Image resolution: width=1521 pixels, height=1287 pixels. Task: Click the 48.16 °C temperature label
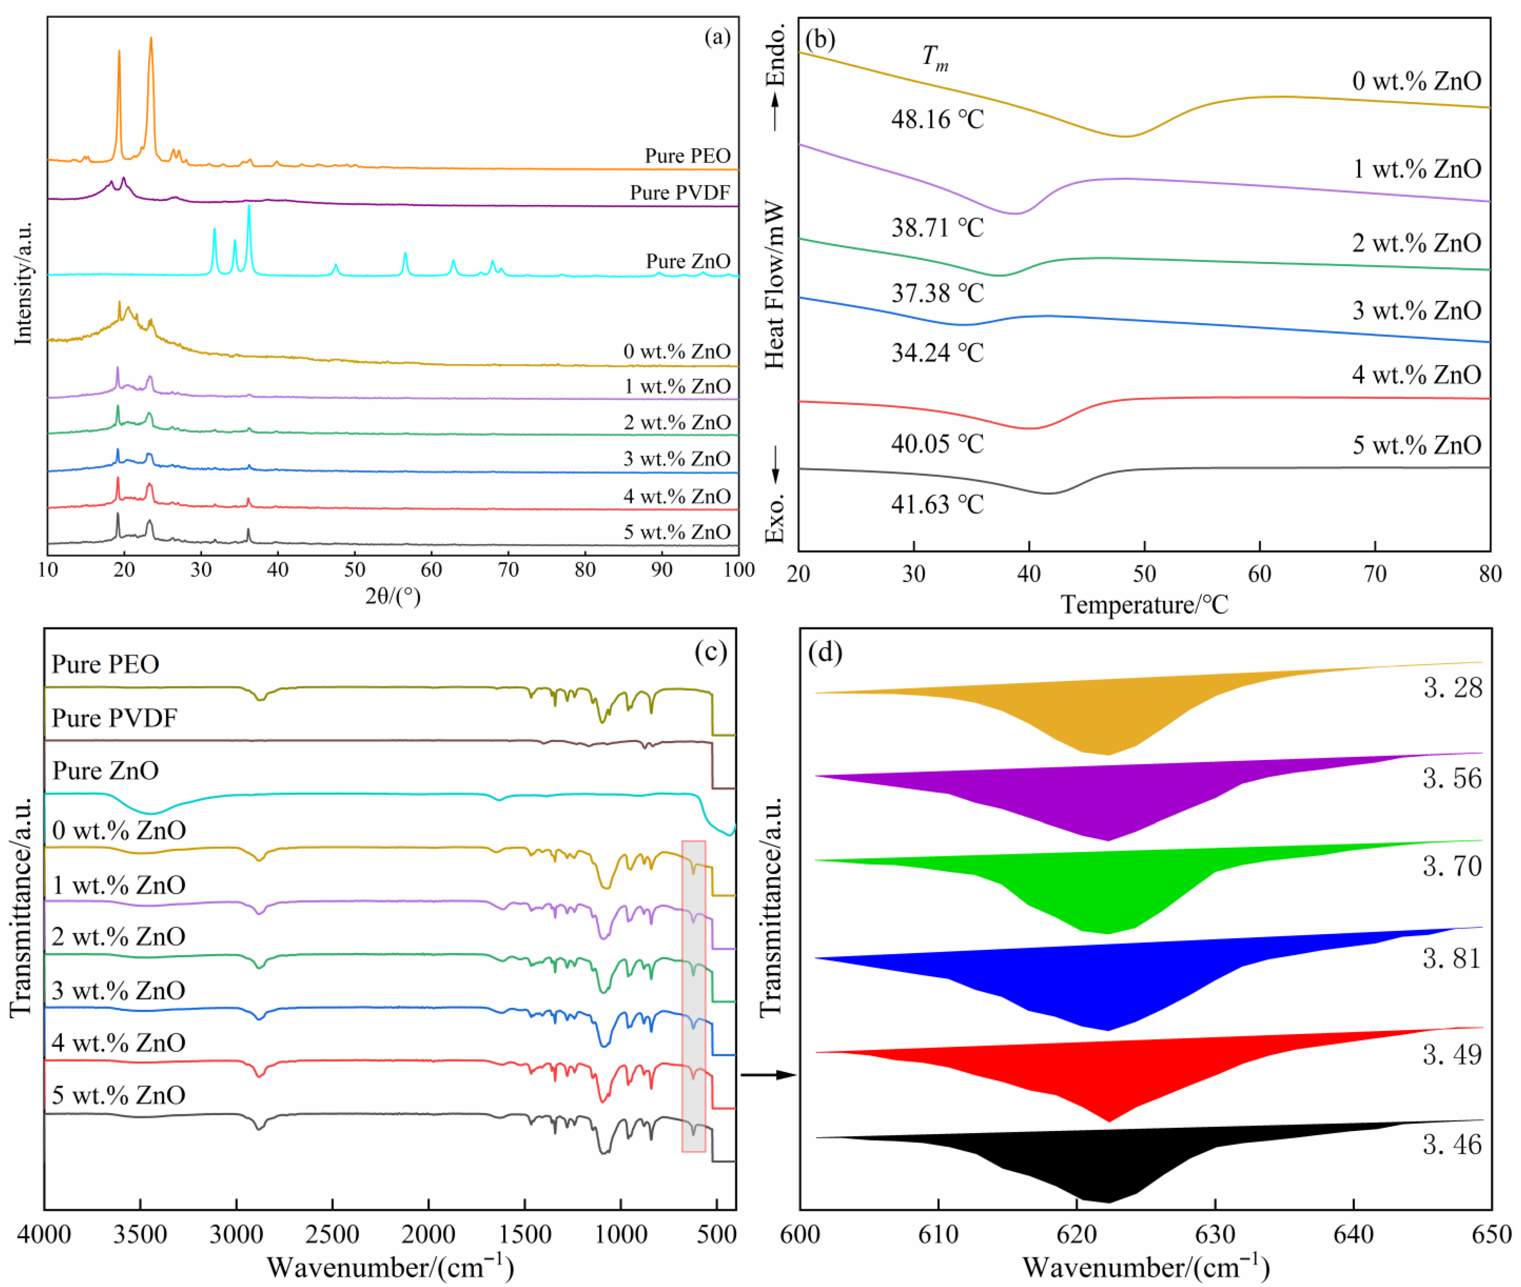pos(937,119)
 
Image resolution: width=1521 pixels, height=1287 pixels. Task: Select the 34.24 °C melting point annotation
pos(937,353)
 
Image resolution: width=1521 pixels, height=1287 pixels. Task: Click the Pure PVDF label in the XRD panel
pos(679,193)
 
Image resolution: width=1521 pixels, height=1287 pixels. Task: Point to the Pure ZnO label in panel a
pos(688,261)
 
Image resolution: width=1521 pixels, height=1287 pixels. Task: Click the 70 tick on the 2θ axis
pos(508,570)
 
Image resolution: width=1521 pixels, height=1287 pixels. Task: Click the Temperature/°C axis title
pos(1144,605)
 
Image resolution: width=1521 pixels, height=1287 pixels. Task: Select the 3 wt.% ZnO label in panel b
pos(1416,311)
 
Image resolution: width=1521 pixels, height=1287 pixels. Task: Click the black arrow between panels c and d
pos(768,1075)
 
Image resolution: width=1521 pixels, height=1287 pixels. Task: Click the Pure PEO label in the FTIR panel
pos(105,664)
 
